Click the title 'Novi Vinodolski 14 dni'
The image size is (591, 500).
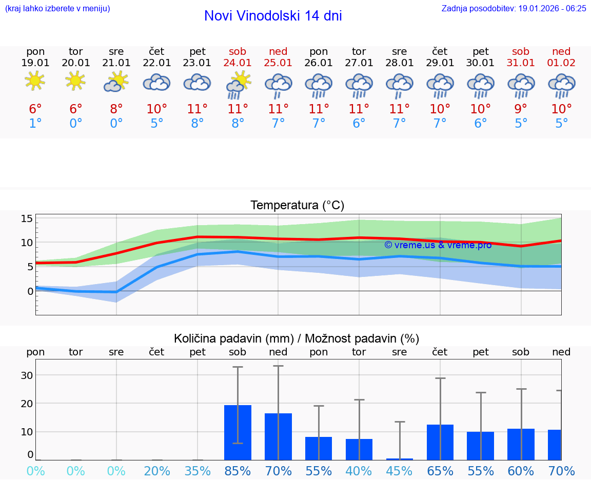tap(273, 16)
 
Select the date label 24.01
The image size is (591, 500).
tap(238, 63)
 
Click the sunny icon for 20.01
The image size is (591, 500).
tap(76, 81)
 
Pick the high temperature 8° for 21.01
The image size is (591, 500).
tap(116, 109)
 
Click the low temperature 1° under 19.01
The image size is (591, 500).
tap(35, 123)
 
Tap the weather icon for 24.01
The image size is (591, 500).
tap(238, 84)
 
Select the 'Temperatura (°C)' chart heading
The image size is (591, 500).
tap(297, 206)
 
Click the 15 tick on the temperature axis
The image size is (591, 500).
tap(27, 219)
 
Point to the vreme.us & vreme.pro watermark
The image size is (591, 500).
tap(438, 245)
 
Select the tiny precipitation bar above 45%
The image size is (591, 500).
tap(400, 459)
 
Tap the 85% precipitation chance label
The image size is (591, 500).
tap(238, 471)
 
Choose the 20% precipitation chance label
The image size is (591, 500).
tap(157, 471)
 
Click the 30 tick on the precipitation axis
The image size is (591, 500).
tap(27, 375)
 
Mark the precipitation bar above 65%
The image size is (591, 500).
tap(440, 442)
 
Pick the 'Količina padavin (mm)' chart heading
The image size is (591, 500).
tap(297, 338)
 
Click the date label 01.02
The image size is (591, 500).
tap(561, 63)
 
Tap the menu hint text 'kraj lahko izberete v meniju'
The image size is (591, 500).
tap(57, 9)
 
